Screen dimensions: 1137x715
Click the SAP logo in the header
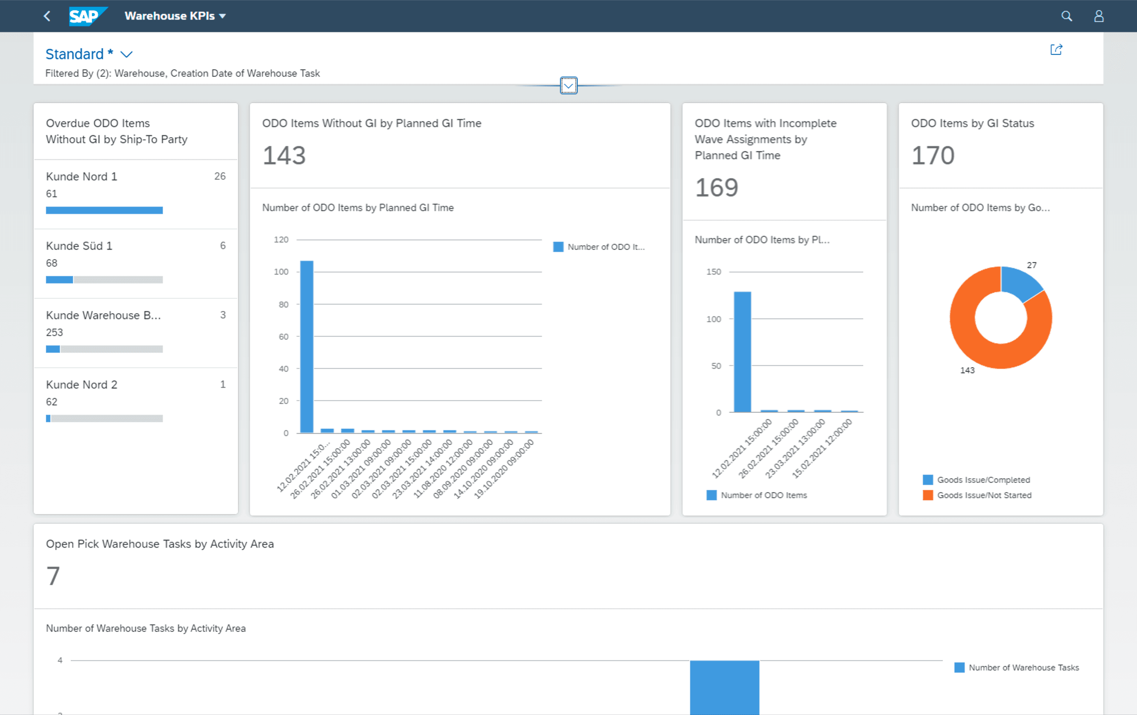pyautogui.click(x=88, y=16)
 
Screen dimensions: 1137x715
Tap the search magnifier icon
pyautogui.click(x=1066, y=16)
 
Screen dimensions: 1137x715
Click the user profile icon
pyautogui.click(x=1099, y=16)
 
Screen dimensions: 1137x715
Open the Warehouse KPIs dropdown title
pyautogui.click(x=175, y=16)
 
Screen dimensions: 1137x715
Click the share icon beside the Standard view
pyautogui.click(x=1056, y=50)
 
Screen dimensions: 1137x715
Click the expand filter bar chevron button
pyautogui.click(x=568, y=85)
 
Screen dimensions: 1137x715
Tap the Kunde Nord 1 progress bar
pyautogui.click(x=104, y=210)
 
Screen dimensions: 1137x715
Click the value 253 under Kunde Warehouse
pyautogui.click(x=54, y=332)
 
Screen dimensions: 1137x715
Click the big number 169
pyautogui.click(x=716, y=187)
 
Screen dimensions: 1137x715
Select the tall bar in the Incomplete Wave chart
pyautogui.click(x=742, y=352)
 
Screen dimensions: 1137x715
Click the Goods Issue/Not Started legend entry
pyautogui.click(x=977, y=495)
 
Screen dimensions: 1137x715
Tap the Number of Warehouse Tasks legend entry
pyautogui.click(x=1017, y=667)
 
